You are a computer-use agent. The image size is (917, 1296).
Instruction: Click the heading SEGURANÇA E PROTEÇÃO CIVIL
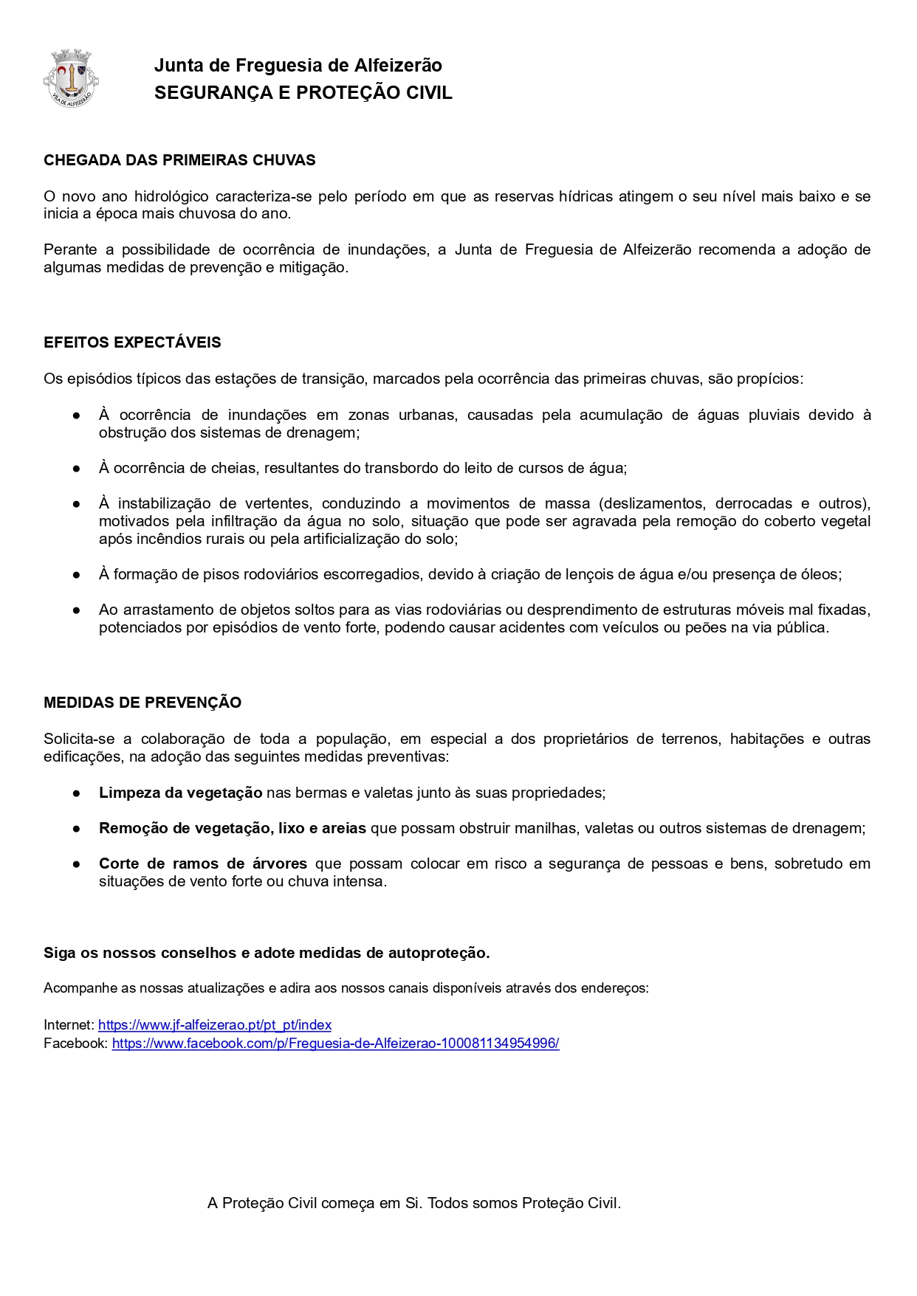(303, 93)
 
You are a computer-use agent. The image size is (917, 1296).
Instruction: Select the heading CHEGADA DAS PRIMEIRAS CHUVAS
(179, 160)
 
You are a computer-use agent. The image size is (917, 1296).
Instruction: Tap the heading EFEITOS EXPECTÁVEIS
(132, 342)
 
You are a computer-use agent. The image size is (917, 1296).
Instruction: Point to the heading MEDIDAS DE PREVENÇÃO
(142, 703)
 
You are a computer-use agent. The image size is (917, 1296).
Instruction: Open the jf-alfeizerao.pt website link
(215, 1025)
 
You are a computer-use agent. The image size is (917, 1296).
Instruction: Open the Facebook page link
(335, 1044)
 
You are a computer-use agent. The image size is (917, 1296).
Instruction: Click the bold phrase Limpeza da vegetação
(180, 793)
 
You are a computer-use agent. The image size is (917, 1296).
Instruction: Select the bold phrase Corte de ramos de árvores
(203, 864)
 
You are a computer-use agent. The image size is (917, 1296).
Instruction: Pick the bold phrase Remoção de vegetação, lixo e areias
(233, 829)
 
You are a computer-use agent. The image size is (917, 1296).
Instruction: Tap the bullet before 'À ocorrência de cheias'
(76, 469)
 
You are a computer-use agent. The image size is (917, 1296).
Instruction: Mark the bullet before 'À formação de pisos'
(76, 575)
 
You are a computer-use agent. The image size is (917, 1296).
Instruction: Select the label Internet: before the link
(69, 1025)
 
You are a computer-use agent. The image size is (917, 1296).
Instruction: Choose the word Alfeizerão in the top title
(398, 66)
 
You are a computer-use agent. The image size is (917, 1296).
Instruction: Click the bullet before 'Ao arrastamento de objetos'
(76, 610)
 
